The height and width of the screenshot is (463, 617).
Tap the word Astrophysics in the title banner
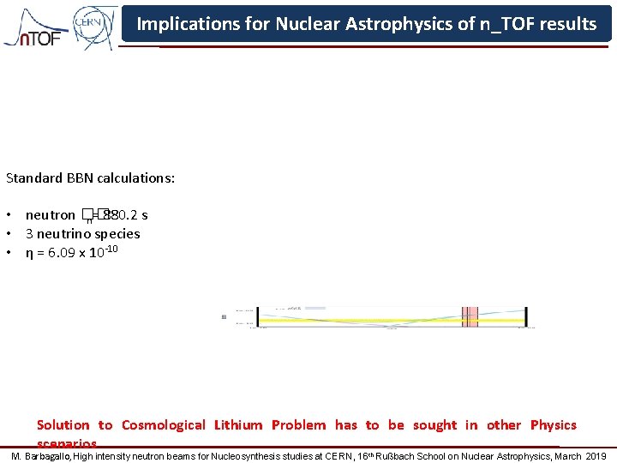point(398,24)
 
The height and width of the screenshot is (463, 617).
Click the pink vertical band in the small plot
point(469,316)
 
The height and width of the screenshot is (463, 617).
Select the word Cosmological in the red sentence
point(163,424)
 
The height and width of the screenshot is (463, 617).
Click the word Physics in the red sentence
point(553,424)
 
